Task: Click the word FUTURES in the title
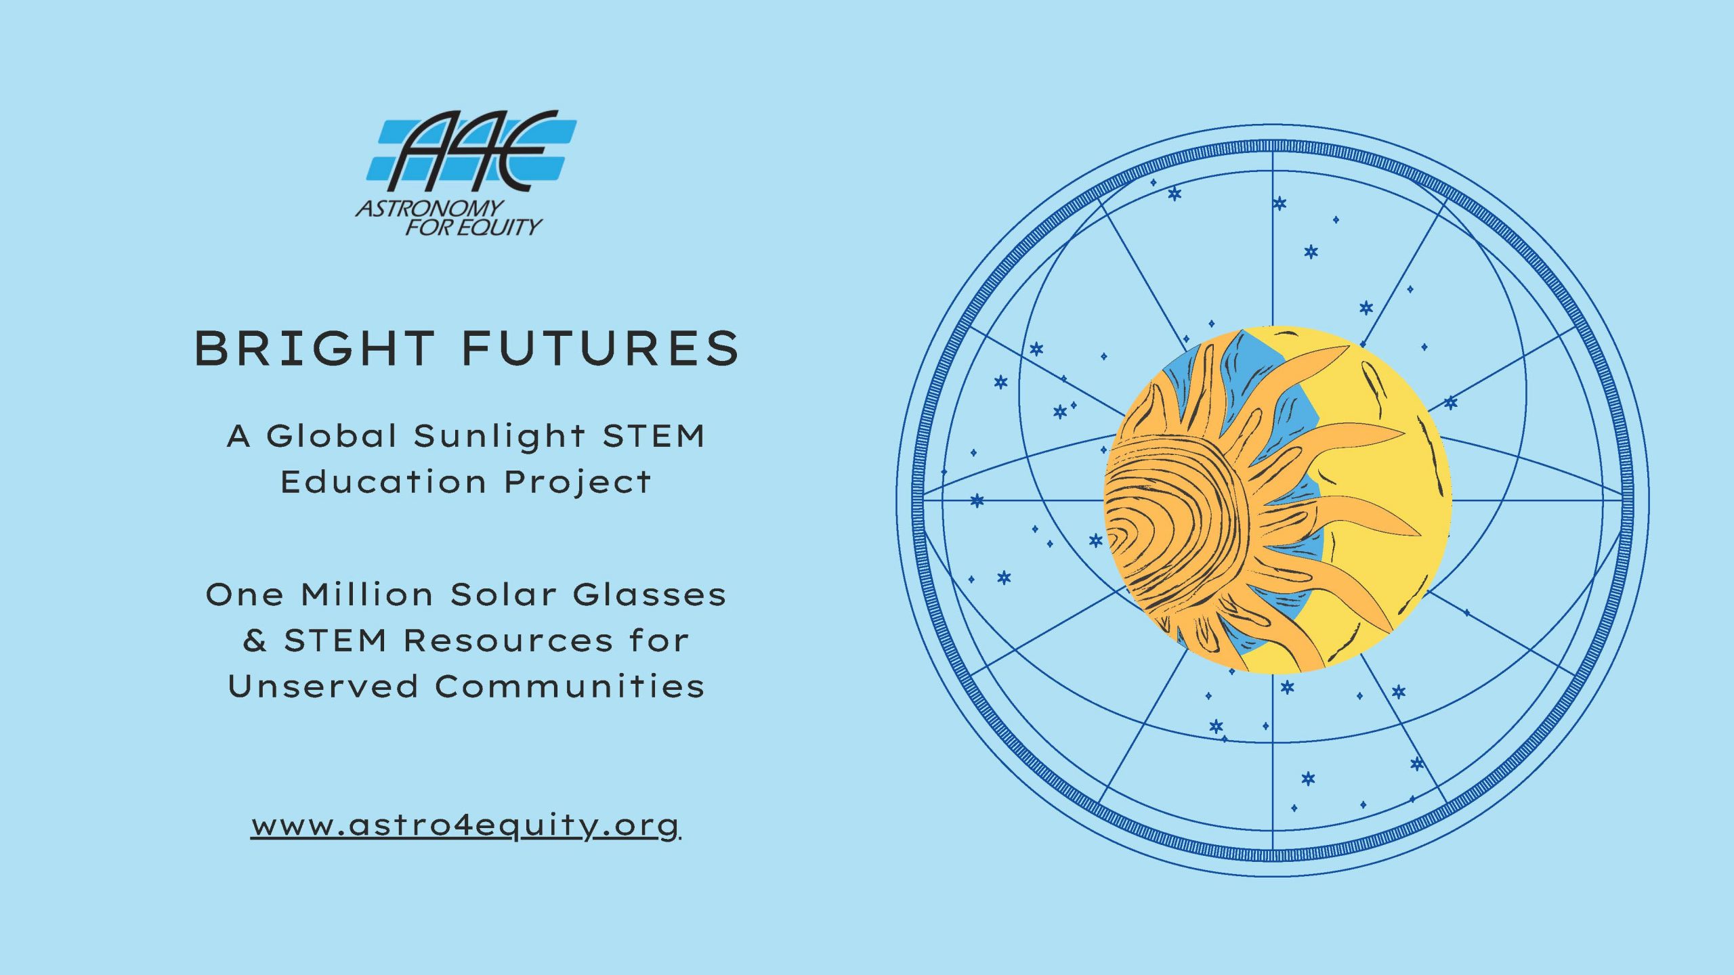click(601, 349)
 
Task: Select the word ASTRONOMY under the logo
click(430, 208)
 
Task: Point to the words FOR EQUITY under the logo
click(474, 226)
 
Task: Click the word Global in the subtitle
click(331, 435)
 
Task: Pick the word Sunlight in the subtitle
click(499, 437)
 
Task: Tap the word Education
click(383, 482)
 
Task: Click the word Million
click(367, 594)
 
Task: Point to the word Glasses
click(650, 594)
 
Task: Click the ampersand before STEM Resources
click(255, 640)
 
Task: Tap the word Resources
click(509, 641)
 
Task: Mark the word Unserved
click(323, 686)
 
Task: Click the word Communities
click(570, 686)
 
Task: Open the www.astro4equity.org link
click(465, 826)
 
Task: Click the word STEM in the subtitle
click(654, 435)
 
